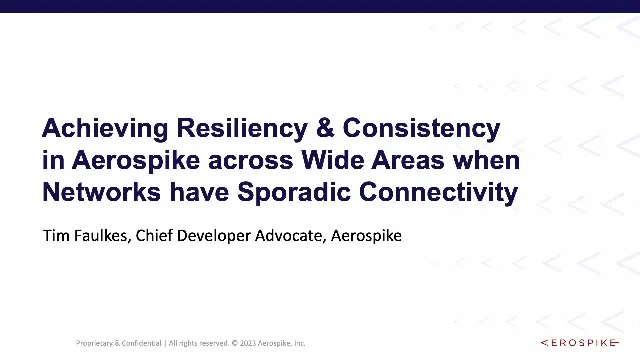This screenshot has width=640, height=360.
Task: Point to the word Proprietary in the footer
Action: pos(97,343)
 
